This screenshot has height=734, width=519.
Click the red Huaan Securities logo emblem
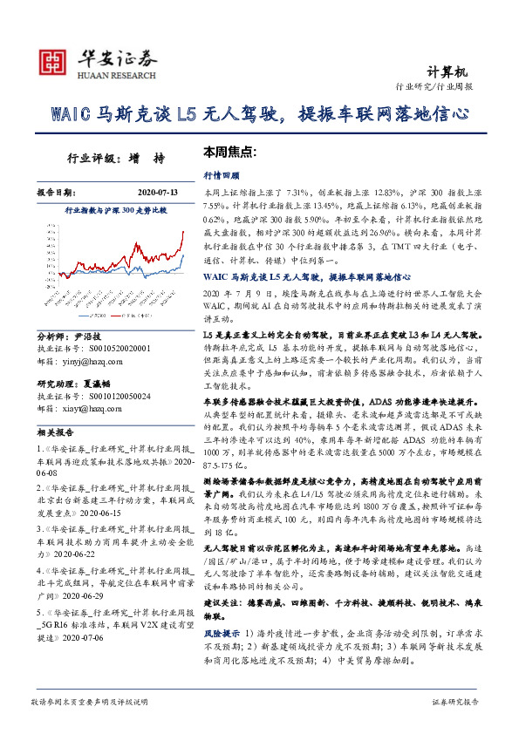pos(53,60)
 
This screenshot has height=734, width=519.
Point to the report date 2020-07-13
pos(157,192)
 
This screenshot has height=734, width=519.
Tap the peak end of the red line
pos(182,232)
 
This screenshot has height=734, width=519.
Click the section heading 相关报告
pos(55,432)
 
